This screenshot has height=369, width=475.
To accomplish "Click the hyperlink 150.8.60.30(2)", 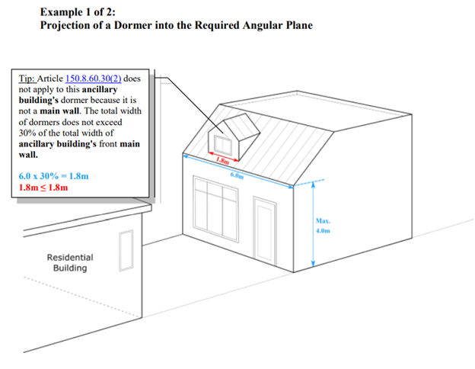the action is coord(94,79).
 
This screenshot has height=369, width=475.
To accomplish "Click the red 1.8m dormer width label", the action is coord(222,161).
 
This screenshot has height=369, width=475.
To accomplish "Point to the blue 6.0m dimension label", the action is coord(237,175).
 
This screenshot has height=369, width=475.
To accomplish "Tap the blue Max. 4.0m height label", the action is coord(323,226).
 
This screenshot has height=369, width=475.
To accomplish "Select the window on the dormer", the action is coord(223,146).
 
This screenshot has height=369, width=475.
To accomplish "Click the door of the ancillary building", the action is coord(265,231).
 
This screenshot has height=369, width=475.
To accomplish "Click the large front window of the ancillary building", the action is coord(215,210).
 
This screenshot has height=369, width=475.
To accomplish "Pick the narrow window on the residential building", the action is coord(126,250).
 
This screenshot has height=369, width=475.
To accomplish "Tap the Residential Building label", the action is coord(70,263).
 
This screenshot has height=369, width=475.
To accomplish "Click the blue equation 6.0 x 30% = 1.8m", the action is coord(53,176).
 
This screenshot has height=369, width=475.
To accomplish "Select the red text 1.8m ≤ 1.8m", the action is coord(43,188).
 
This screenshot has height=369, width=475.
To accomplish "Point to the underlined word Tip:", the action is coord(27,79).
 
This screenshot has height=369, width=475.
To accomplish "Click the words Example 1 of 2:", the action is coord(78,12).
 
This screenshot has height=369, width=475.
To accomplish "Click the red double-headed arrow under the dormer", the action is coord(223,156).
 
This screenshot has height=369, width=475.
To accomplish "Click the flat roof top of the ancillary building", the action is coord(315,111).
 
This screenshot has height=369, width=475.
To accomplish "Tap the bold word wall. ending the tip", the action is coord(28,155).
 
